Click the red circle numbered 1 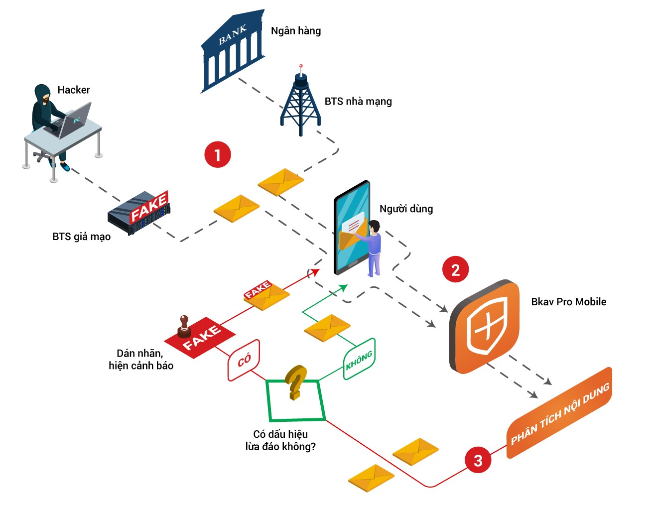click(x=218, y=154)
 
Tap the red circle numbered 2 click(x=455, y=269)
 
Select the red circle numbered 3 click(x=478, y=460)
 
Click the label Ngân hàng click(x=296, y=31)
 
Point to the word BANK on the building click(x=233, y=35)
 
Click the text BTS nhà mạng click(x=358, y=102)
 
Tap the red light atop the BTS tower click(x=301, y=66)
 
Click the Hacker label click(x=74, y=90)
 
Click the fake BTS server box click(x=139, y=212)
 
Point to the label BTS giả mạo click(x=81, y=237)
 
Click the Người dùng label click(x=406, y=209)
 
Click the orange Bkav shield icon click(x=484, y=326)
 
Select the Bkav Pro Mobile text click(x=569, y=302)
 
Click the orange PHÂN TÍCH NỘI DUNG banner click(x=559, y=413)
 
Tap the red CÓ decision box click(x=244, y=360)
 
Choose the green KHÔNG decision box click(x=359, y=359)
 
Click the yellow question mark click(x=295, y=382)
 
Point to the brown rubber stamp click(x=184, y=327)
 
